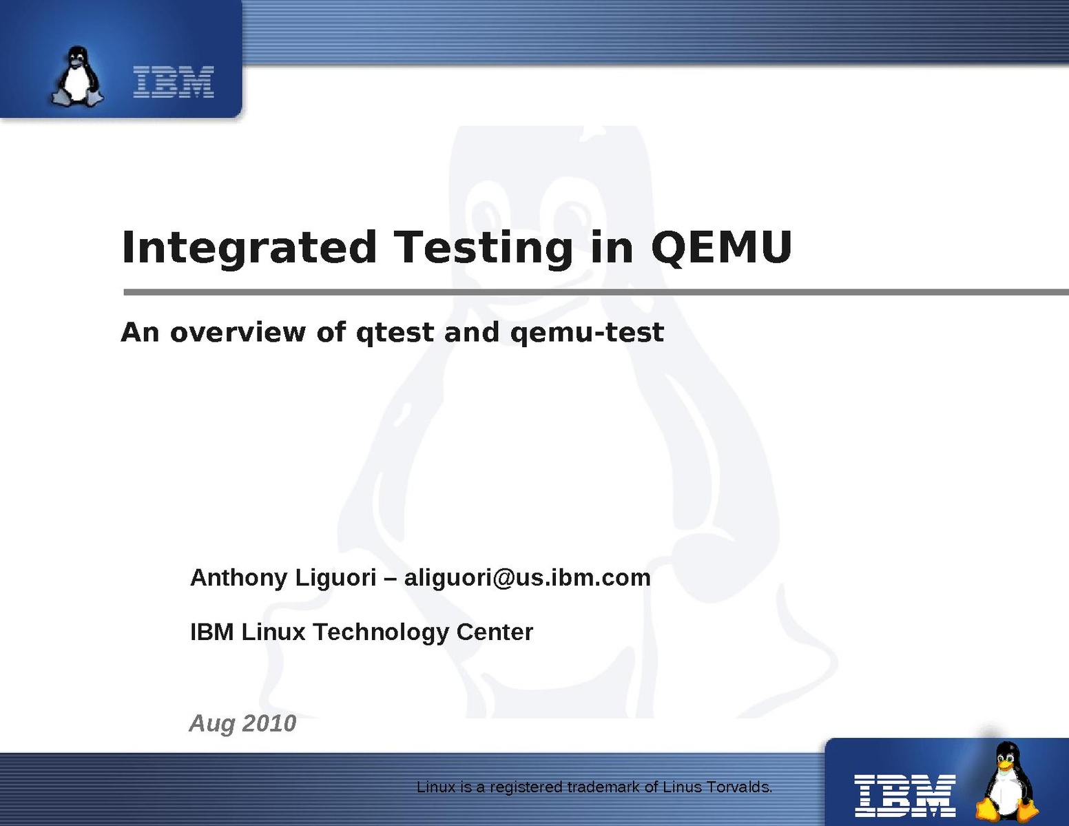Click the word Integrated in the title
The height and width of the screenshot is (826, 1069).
249,247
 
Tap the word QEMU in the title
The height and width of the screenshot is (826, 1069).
721,247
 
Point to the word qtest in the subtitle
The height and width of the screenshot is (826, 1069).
395,333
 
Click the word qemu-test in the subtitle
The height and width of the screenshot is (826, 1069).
588,333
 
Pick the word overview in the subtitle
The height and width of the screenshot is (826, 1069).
238,332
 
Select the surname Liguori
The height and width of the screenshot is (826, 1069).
335,578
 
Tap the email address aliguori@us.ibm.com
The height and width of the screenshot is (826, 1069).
528,578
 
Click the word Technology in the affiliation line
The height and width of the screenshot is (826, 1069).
381,632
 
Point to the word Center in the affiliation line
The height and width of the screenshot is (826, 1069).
495,632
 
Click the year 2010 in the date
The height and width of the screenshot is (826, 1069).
269,723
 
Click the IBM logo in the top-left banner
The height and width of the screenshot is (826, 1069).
174,82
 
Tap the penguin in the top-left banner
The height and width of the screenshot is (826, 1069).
77,76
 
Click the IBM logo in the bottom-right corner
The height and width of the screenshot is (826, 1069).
904,796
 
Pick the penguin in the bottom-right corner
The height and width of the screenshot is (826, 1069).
1006,782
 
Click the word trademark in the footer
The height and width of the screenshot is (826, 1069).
605,787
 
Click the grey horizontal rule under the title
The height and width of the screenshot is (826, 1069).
596,292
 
